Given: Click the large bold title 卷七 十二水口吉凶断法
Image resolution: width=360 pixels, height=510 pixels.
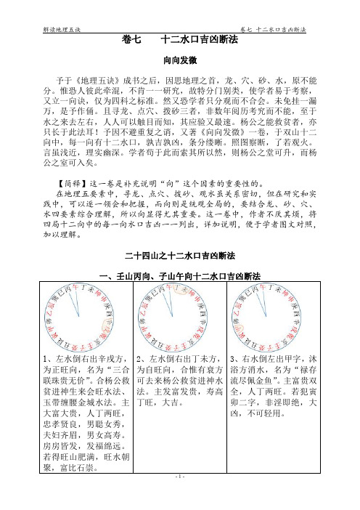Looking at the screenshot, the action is click(180, 41).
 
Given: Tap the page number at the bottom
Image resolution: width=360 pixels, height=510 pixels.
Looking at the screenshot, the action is click(180, 497).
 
